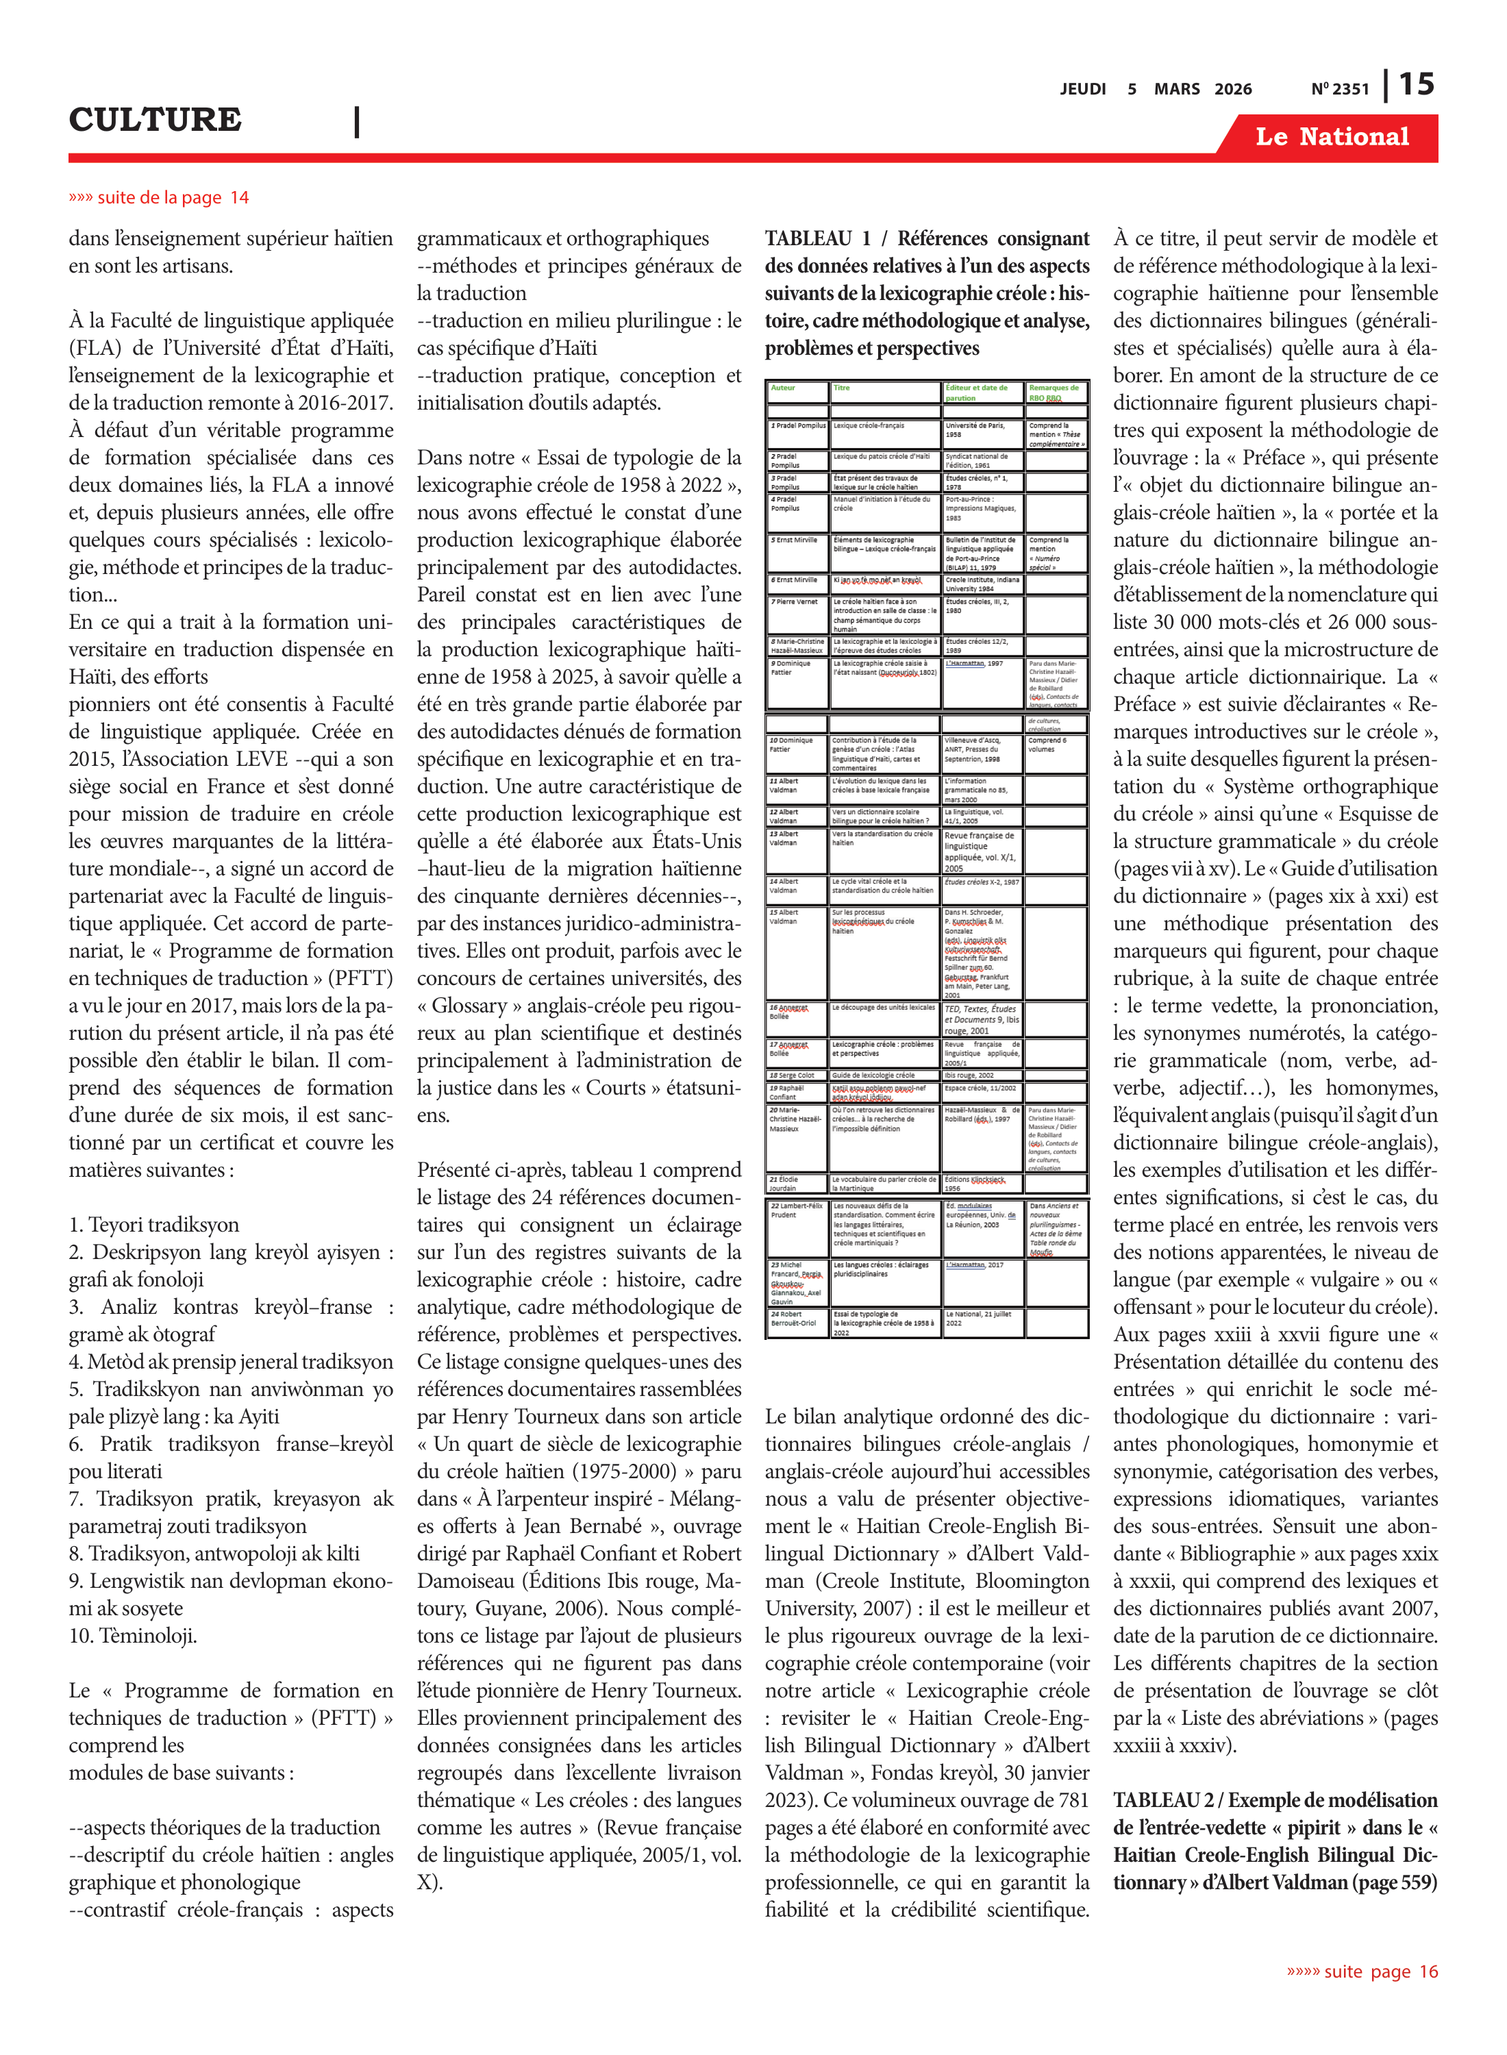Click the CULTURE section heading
[155, 119]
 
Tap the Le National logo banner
[1331, 137]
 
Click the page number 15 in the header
[1417, 85]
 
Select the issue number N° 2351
[1339, 89]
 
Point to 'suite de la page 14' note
[159, 198]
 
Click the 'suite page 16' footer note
[1362, 1971]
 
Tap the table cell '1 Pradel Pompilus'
[797, 426]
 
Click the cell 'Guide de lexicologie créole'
[873, 1075]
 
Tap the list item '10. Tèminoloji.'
[133, 1635]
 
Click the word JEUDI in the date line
[1083, 89]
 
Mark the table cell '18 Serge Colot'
[792, 1075]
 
